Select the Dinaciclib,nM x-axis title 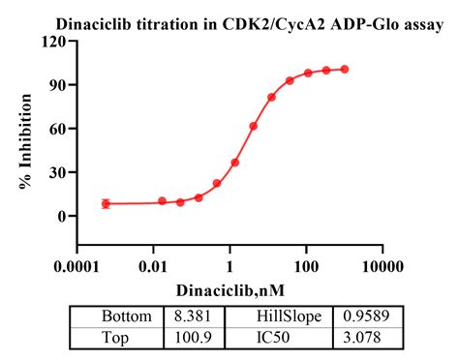pos(230,289)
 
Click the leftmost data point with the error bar pos(106,203)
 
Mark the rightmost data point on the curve pos(345,70)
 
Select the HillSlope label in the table pos(282,316)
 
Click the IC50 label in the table pos(282,336)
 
